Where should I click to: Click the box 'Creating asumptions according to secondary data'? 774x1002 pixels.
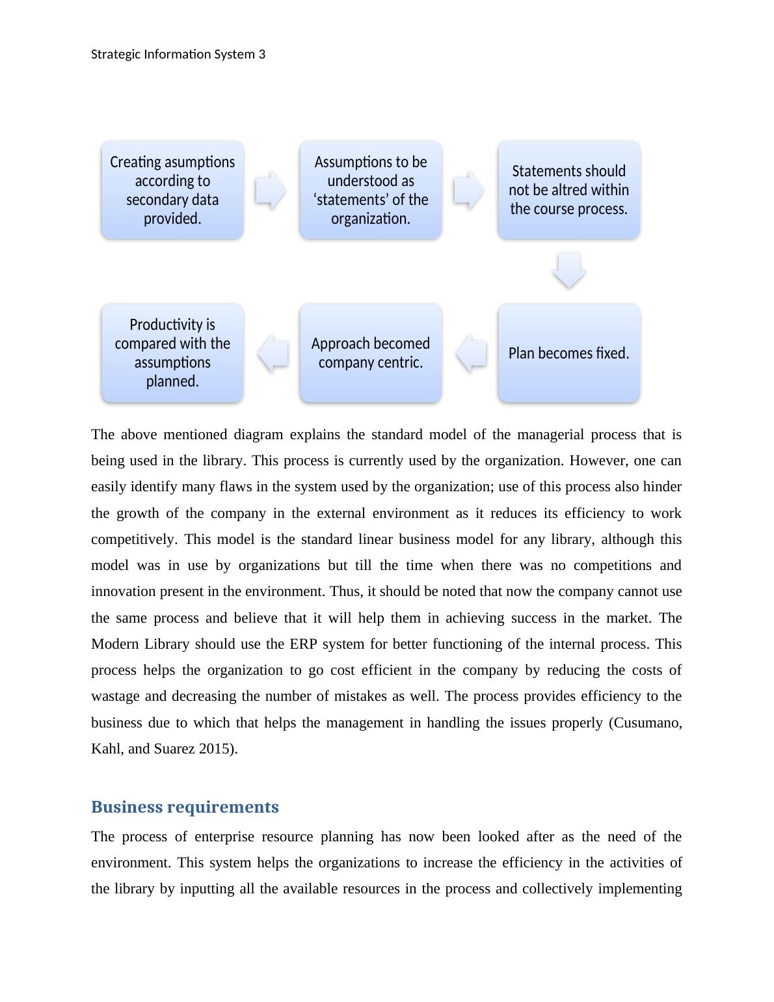coord(172,189)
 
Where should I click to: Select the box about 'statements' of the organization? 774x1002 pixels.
coord(370,189)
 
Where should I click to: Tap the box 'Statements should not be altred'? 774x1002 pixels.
coord(568,189)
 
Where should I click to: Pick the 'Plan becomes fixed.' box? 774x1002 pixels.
coord(568,353)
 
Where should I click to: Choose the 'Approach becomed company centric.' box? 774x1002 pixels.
coord(370,353)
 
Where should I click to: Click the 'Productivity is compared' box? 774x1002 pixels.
coord(172,353)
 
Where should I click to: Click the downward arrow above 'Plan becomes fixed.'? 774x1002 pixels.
coord(568,270)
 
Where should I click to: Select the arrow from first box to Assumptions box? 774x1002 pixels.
coord(271,190)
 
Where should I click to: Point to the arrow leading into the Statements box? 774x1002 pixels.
coord(469,190)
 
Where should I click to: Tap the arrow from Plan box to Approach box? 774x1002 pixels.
coord(471,353)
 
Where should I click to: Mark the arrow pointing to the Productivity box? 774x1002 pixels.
coord(273,353)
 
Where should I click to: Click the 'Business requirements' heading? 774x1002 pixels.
coord(185,807)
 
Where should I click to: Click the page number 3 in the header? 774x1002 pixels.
coord(262,54)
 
